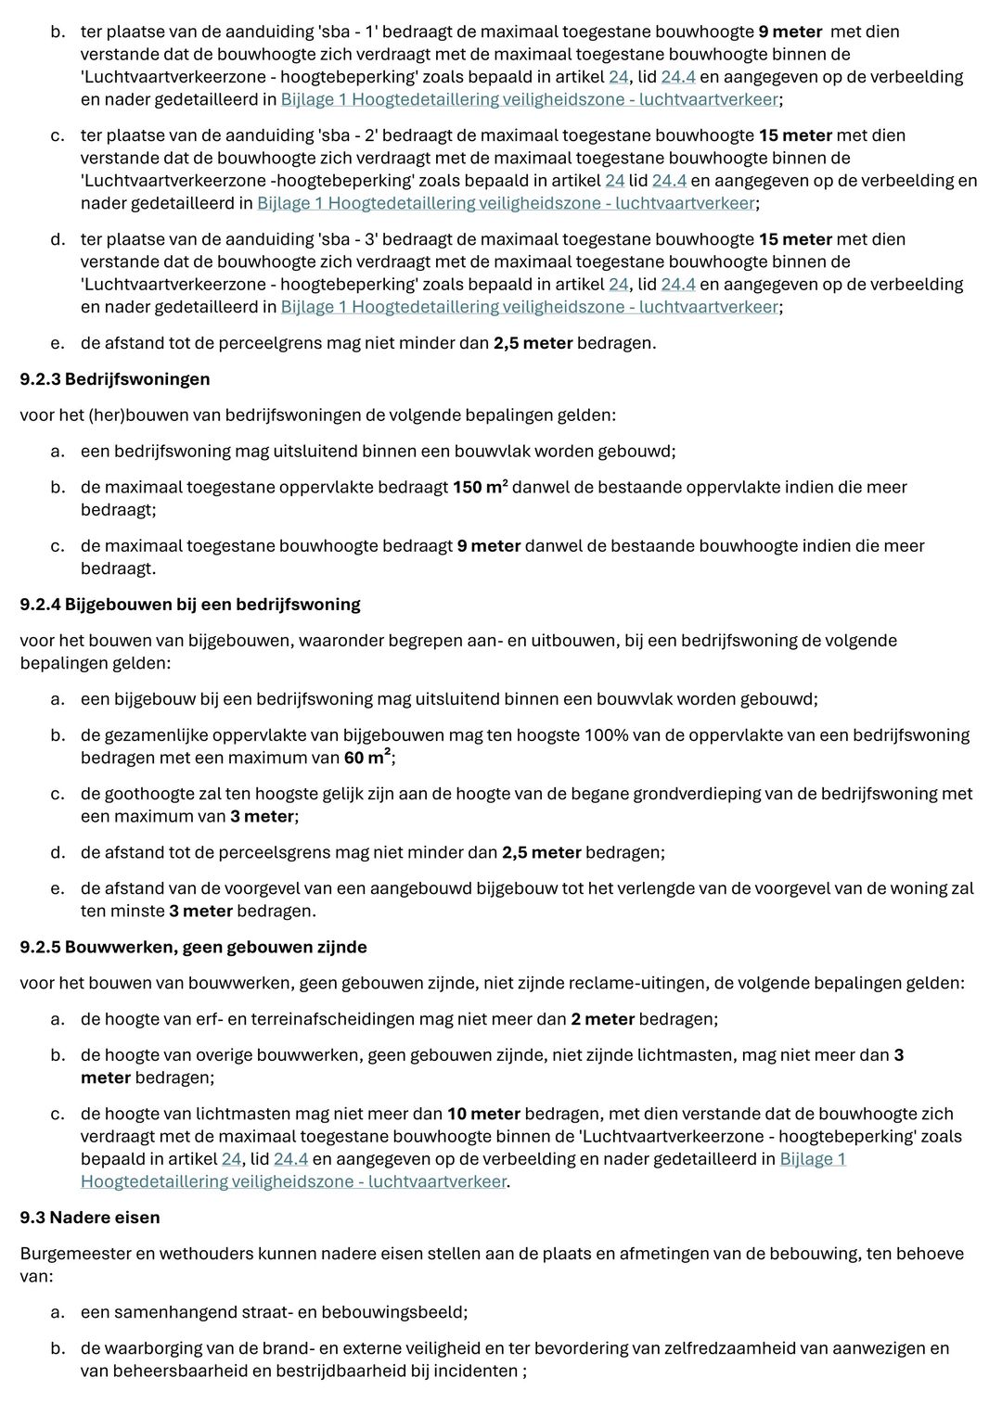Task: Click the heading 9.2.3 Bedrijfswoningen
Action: pyautogui.click(x=115, y=379)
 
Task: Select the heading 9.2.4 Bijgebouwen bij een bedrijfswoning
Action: pyautogui.click(x=190, y=605)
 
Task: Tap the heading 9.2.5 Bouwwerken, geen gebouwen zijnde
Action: pyautogui.click(x=193, y=947)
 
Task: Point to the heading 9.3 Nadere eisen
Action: pyautogui.click(x=90, y=1218)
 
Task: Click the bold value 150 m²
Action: pyautogui.click(x=480, y=487)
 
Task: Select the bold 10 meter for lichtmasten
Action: pyautogui.click(x=483, y=1114)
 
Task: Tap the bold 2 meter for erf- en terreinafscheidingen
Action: pyautogui.click(x=602, y=1019)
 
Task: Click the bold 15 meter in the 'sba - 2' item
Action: pyautogui.click(x=795, y=135)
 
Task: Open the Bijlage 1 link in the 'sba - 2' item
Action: pyautogui.click(x=506, y=203)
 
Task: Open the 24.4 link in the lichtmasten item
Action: pyautogui.click(x=290, y=1159)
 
